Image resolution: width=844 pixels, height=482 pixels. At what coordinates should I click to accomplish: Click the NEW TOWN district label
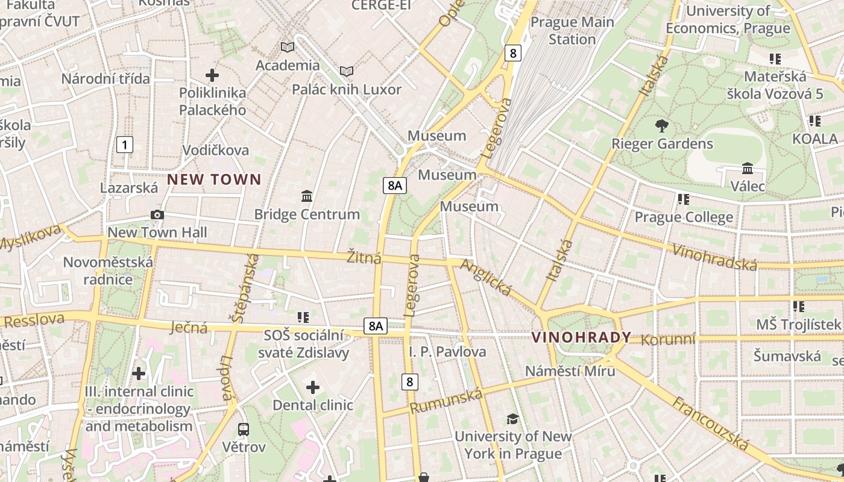tap(214, 179)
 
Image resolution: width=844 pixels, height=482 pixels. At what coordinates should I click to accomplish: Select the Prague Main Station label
tap(572, 31)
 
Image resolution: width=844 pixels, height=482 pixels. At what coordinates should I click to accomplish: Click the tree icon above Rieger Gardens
tap(661, 126)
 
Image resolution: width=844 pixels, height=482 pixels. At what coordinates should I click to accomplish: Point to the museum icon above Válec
tap(748, 168)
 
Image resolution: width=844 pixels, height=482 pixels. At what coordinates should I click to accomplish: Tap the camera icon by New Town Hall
tap(157, 214)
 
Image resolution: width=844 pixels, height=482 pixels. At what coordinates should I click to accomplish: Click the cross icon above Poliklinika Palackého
tap(212, 75)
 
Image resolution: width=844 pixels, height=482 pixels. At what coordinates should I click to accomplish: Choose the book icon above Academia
tap(288, 47)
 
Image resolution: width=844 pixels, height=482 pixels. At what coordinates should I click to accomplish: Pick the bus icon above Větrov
tap(244, 430)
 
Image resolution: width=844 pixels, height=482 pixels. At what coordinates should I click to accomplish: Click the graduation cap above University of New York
tap(512, 419)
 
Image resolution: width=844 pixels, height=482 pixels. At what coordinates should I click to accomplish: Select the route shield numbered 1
tap(124, 145)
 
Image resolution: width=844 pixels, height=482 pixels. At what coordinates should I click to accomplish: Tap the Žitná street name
tap(364, 258)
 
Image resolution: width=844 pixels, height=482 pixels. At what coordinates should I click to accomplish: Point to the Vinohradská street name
tap(714, 257)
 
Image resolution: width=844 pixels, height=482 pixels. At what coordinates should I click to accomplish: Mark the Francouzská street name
tap(711, 423)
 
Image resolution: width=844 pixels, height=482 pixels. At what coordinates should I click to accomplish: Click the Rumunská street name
tap(446, 401)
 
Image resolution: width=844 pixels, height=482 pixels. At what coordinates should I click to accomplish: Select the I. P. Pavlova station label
tap(447, 351)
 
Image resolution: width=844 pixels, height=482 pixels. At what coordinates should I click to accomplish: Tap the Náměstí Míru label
tap(570, 371)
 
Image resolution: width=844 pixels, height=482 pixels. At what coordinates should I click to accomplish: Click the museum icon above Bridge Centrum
tap(307, 196)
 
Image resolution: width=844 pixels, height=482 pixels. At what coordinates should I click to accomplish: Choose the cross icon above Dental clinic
tap(312, 387)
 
